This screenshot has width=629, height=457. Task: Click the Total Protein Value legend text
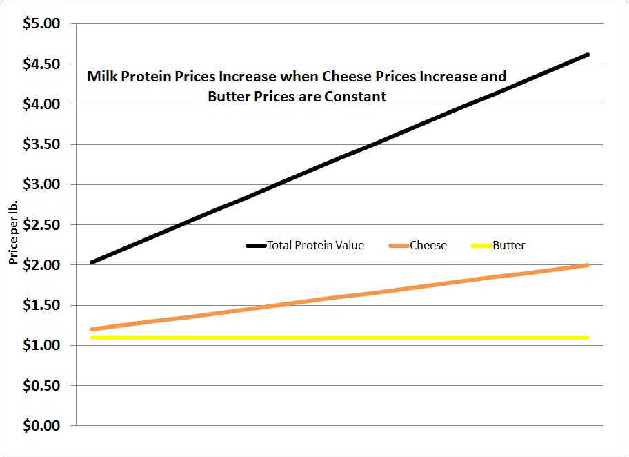click(x=316, y=245)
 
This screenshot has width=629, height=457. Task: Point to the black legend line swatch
click(x=256, y=245)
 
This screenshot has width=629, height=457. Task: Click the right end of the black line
click(x=588, y=55)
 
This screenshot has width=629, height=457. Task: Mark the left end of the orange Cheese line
click(x=92, y=329)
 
